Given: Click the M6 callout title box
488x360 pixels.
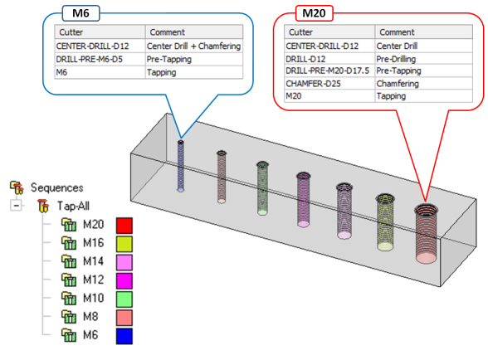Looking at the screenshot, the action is point(81,13).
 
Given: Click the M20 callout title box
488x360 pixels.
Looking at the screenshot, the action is point(314,13).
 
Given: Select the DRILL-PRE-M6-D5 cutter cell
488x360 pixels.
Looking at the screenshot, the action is point(100,59).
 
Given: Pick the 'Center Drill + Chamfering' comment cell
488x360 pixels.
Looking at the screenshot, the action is point(194,46).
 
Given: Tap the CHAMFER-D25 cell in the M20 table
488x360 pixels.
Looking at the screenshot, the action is point(329,84).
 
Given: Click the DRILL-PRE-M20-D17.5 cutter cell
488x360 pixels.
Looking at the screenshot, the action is point(329,71).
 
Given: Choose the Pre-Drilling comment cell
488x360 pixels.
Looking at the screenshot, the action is point(423,59).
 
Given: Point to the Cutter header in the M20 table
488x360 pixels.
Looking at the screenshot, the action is point(329,32).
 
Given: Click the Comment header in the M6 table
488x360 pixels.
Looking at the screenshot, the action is point(194,32).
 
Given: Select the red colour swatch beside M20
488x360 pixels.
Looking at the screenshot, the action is point(124,226).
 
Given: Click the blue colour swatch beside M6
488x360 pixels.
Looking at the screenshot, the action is point(124,336).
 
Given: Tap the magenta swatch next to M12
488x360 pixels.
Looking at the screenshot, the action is point(124,280).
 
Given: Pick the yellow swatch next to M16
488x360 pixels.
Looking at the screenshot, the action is point(124,244).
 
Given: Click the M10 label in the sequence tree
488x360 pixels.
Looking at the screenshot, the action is point(93,298).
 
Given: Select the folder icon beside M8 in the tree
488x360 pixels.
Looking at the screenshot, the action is point(69,317).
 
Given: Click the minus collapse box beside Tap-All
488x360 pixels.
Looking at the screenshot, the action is point(16,206).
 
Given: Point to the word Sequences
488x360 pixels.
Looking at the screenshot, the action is point(57,187).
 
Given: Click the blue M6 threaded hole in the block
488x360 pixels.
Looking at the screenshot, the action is point(181,166).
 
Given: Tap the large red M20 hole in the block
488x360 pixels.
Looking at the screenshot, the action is point(426,233).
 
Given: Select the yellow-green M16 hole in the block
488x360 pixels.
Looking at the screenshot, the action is point(385,222).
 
